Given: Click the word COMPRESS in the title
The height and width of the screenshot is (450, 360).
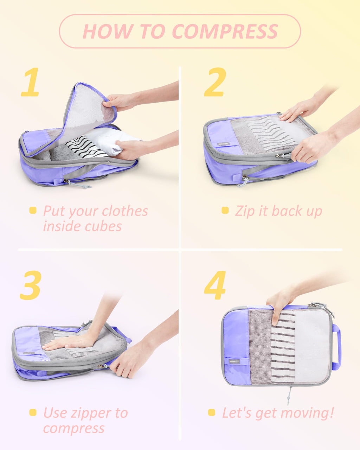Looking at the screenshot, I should (225, 31).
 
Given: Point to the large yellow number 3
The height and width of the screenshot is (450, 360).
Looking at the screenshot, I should (31, 285).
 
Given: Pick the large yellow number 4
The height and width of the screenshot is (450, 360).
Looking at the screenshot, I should (215, 285).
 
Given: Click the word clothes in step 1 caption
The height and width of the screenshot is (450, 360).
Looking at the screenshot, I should (125, 211).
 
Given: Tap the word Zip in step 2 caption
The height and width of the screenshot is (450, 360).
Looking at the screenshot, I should (243, 211).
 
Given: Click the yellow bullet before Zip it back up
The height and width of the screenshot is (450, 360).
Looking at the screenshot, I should (225, 211).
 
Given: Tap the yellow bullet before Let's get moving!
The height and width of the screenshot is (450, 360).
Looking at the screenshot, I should (212, 412).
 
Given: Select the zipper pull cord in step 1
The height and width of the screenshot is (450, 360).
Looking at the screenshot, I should (77, 184).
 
